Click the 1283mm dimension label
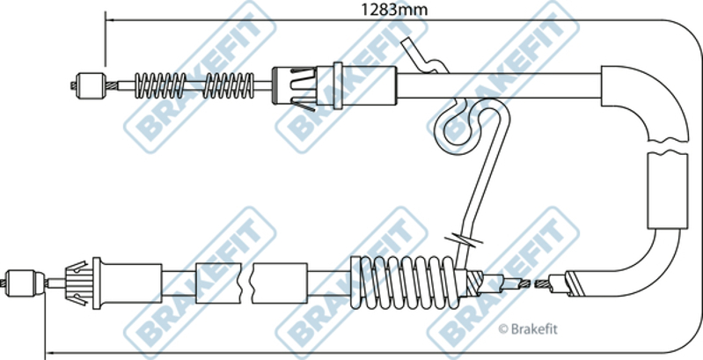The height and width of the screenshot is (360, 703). pos(394,9)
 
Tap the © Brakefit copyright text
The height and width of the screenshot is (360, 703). pos(528,329)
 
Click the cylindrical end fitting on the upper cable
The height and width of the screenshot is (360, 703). pos(90,85)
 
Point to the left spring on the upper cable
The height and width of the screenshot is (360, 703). pos(160,85)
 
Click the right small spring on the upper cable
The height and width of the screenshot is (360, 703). pos(229,85)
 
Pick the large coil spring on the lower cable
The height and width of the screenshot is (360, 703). pos(405,283)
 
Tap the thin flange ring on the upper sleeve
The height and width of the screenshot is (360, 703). pos(338,85)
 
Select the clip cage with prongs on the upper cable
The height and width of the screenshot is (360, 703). pos(294,85)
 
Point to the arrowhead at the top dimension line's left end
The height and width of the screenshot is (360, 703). pos(110,20)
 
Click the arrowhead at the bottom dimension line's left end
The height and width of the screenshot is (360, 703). pos(50,353)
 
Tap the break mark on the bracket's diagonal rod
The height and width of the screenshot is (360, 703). pos(464,239)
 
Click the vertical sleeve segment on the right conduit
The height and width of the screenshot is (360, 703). pos(668,191)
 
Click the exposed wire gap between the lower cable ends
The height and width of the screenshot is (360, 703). pos(533,283)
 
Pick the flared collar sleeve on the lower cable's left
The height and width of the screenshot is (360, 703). pos(127,283)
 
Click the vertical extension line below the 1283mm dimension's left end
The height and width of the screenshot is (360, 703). pos(106,40)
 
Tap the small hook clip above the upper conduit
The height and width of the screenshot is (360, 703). pos(425,56)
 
